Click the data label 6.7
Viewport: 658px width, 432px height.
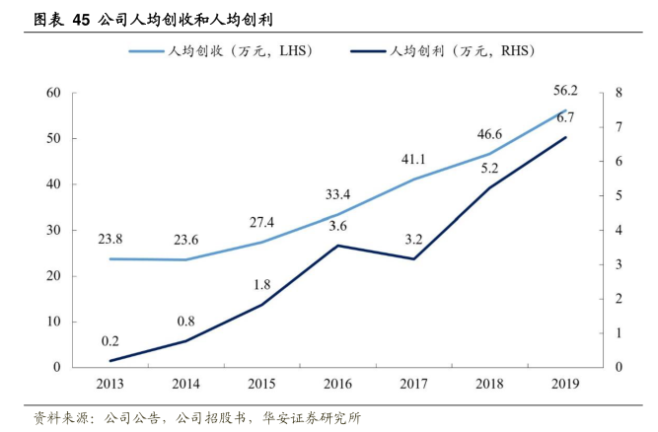click(565, 118)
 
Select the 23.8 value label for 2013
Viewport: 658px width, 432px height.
click(110, 239)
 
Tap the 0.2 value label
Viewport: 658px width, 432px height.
click(110, 341)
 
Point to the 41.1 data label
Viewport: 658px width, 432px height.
click(413, 160)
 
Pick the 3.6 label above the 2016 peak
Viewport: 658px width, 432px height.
click(337, 226)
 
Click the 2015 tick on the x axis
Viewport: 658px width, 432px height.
click(261, 383)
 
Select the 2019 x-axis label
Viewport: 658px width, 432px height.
click(565, 383)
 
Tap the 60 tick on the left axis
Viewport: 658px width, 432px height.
click(52, 93)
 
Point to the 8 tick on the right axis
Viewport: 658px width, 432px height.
click(618, 93)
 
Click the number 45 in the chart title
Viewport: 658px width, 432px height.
click(82, 19)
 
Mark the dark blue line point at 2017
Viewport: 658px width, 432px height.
click(413, 259)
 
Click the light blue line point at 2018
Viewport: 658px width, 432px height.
click(489, 154)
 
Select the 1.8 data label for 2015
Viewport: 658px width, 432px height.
click(261, 285)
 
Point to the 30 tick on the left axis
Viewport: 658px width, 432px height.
click(52, 230)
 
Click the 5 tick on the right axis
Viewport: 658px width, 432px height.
click(618, 195)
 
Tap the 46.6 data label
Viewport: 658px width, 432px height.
click(489, 134)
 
